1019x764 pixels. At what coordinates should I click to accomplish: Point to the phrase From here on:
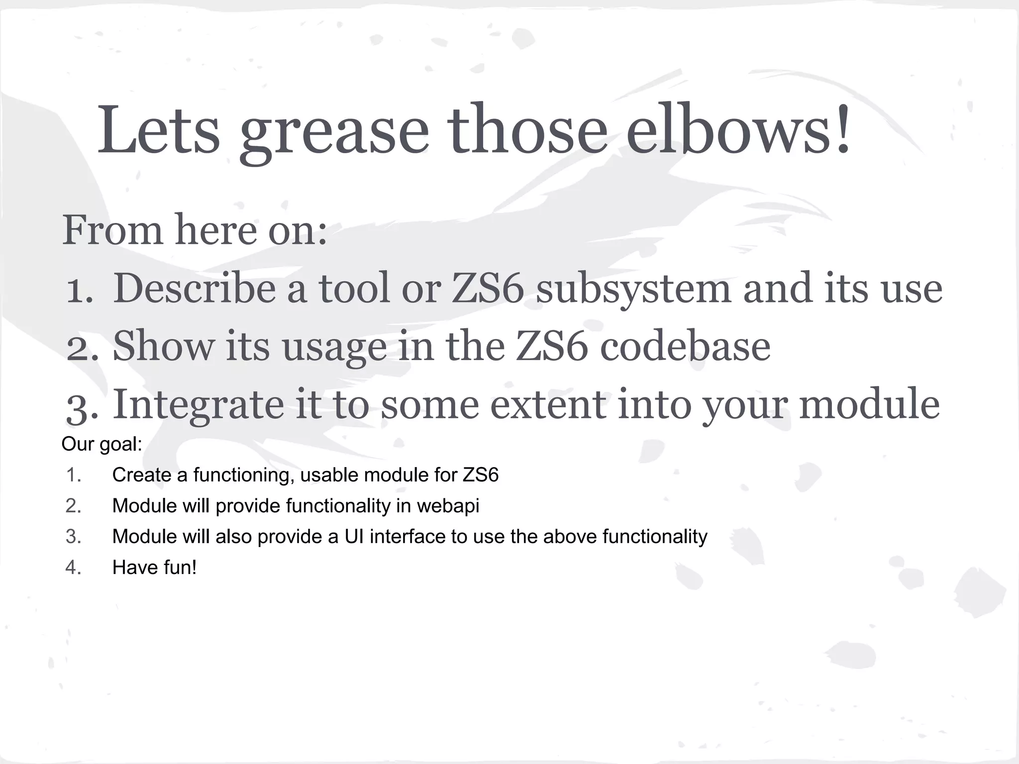pos(195,230)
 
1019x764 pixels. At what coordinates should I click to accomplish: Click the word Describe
pos(194,288)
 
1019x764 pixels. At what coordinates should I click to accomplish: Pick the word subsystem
pos(633,289)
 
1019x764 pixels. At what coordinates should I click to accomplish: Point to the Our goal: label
pos(102,444)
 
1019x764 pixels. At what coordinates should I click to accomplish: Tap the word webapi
pos(448,506)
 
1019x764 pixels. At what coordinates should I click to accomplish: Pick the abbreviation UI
pos(354,537)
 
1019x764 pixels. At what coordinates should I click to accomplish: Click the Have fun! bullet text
pos(154,568)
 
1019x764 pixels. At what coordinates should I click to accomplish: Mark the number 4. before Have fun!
pos(73,568)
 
